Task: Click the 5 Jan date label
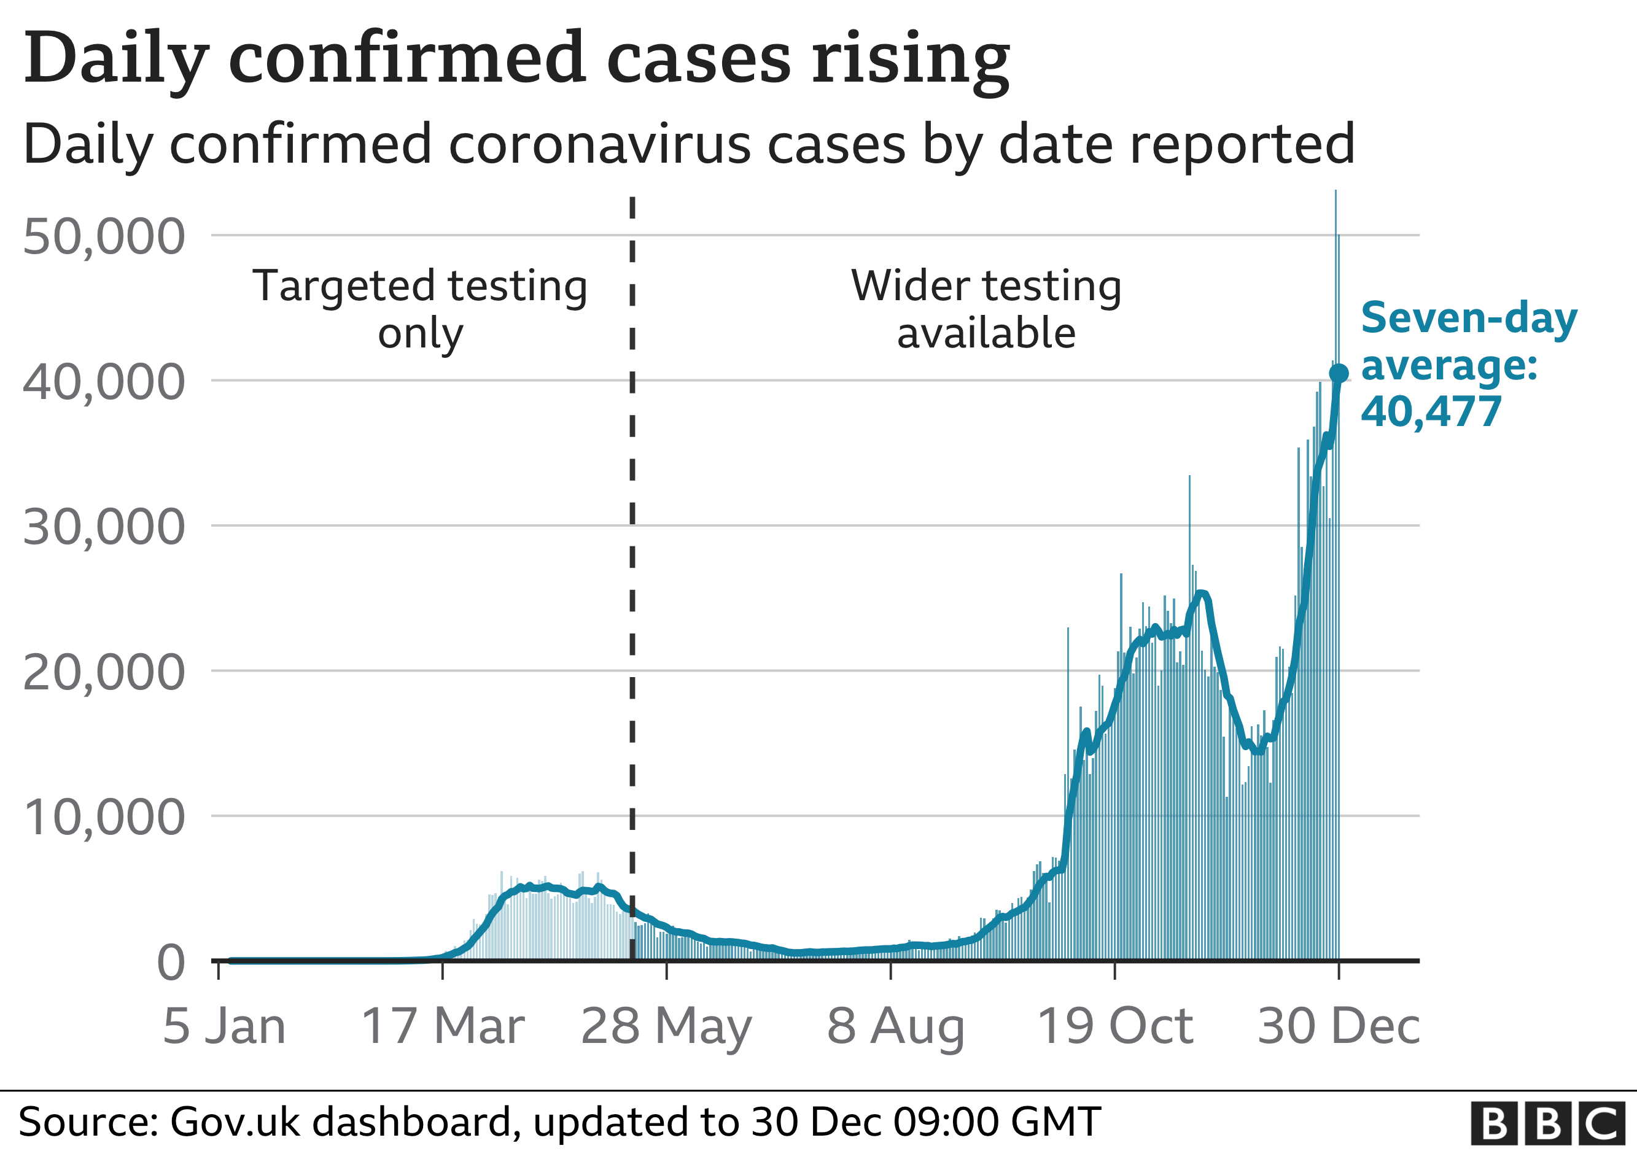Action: tap(224, 1026)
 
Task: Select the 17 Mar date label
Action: tap(443, 1026)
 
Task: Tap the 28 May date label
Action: tap(667, 1026)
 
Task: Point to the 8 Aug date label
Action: tap(895, 1026)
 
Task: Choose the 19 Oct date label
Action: tap(1115, 1026)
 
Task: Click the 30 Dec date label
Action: tap(1338, 1026)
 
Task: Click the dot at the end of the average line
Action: tap(1339, 373)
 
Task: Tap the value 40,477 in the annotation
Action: tap(1431, 412)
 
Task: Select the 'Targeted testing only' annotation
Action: tap(420, 309)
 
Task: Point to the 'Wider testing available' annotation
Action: tap(986, 309)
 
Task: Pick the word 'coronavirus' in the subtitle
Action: tap(599, 145)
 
